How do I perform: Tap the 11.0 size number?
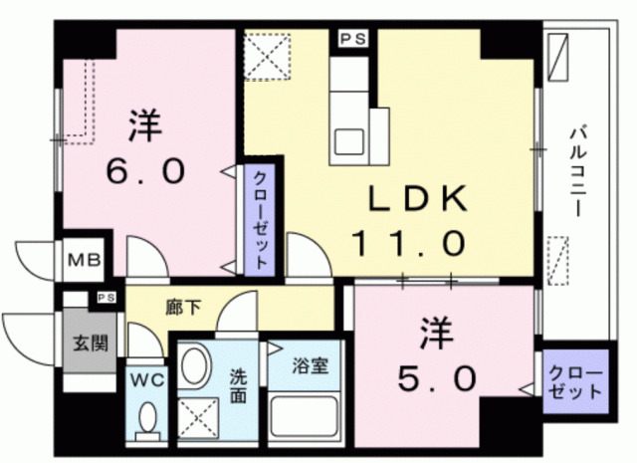point(407,241)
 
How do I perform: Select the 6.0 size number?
point(145,170)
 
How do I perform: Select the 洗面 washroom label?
point(238,386)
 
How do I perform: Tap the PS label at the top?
point(351,39)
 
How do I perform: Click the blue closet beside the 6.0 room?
point(257,217)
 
